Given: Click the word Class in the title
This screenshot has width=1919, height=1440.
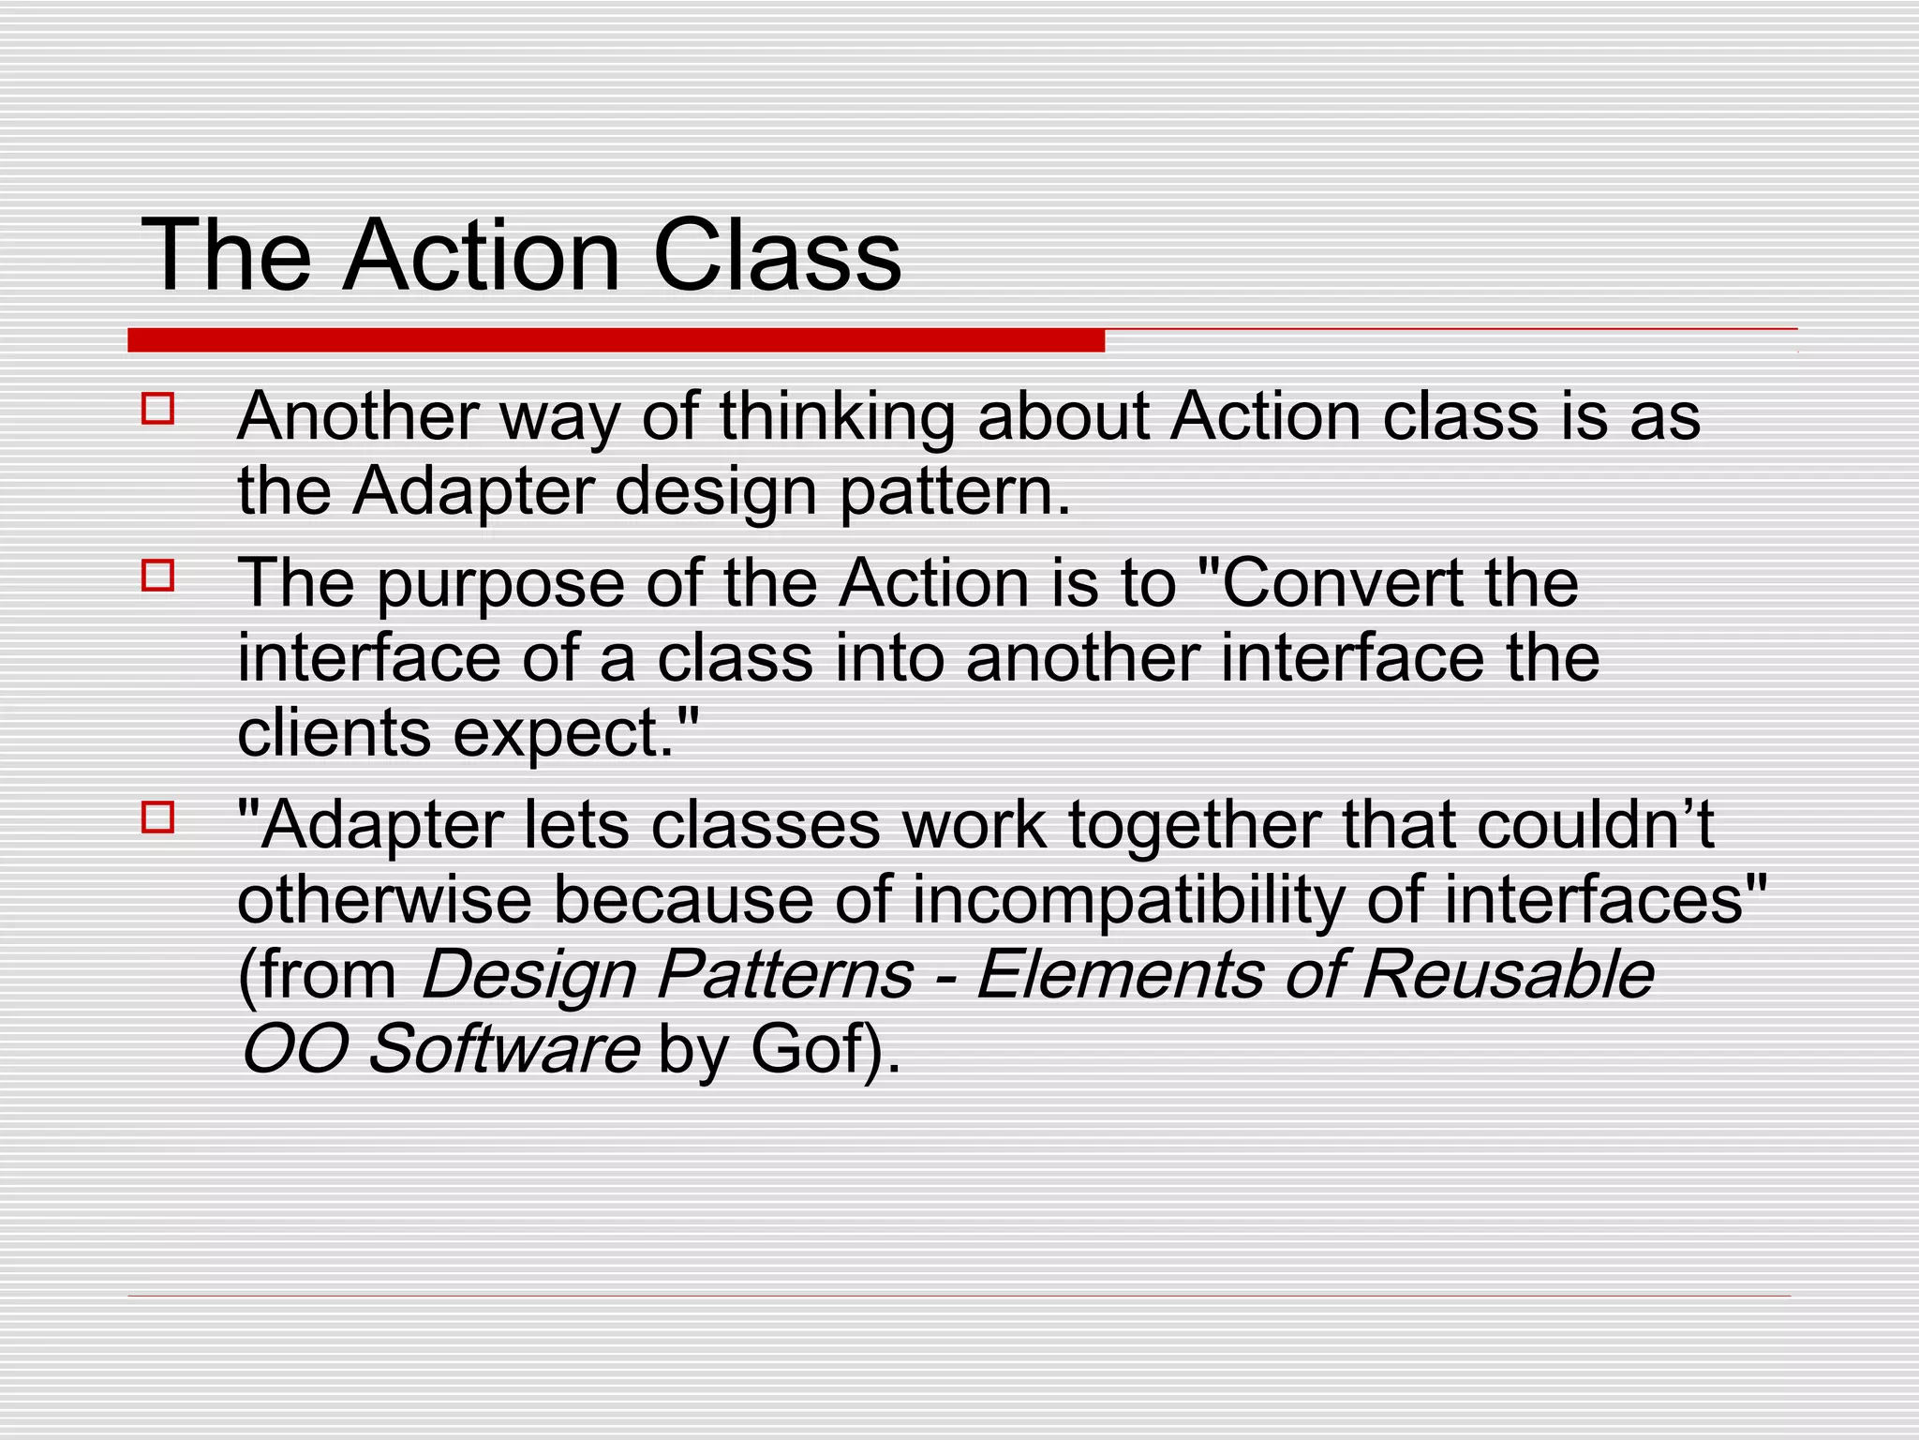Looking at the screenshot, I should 776,255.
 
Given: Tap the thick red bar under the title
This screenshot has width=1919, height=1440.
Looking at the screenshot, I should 616,340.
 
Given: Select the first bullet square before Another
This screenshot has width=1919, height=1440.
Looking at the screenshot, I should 158,409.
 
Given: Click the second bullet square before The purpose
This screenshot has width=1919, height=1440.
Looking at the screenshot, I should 158,575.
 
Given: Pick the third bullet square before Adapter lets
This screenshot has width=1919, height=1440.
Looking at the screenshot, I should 158,817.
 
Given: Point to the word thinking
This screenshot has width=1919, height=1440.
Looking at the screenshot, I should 837,418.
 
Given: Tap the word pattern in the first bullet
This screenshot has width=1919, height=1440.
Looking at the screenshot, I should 954,493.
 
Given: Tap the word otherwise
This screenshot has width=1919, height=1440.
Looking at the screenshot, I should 384,900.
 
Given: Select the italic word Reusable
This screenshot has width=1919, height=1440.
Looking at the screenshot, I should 1508,974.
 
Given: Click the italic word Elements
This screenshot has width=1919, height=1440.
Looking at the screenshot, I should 1120,974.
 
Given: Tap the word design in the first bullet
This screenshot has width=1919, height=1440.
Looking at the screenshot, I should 716,493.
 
